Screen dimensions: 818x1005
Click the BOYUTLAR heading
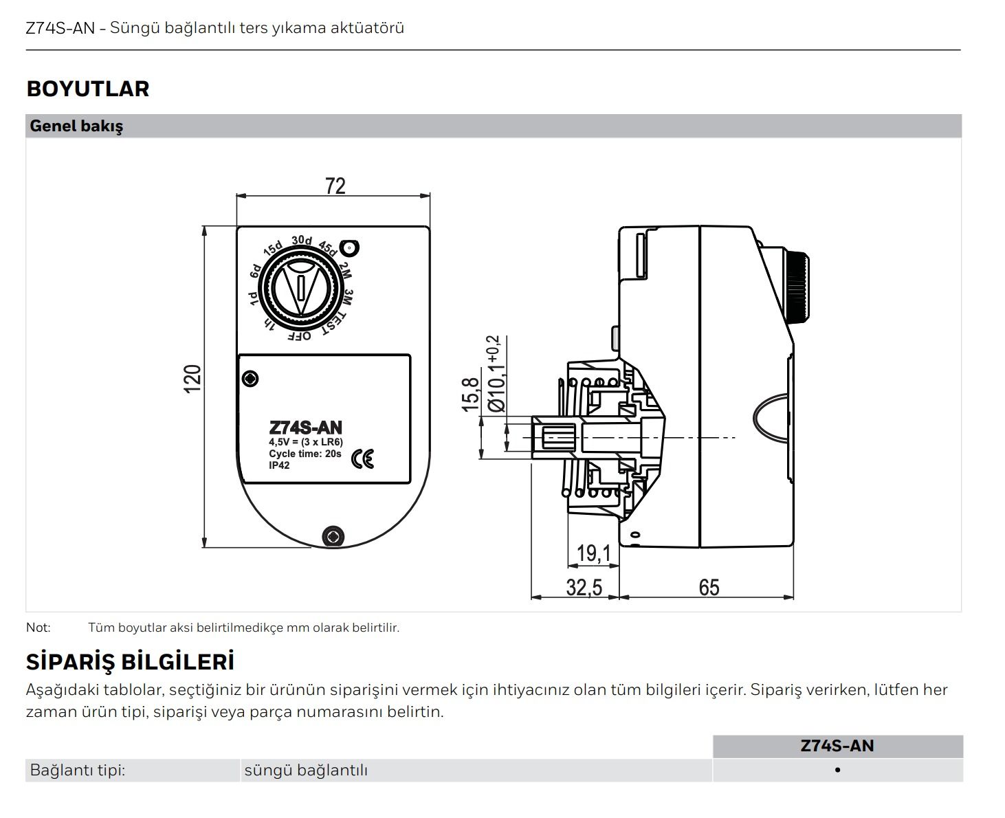tap(87, 89)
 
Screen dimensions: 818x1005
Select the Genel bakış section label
tap(76, 126)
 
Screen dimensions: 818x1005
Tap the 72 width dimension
tap(335, 186)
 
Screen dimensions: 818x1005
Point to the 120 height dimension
tap(193, 379)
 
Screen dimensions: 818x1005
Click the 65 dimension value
tap(709, 588)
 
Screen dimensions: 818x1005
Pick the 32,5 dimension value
tap(584, 588)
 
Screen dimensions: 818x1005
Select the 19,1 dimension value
tap(593, 553)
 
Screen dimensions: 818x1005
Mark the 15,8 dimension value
tap(471, 395)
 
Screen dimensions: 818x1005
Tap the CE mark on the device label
tap(362, 458)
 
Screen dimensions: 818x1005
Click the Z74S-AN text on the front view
tap(305, 428)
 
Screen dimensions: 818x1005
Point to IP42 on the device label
tap(279, 465)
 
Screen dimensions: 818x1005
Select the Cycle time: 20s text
tap(305, 454)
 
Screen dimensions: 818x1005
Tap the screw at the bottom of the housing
tap(333, 536)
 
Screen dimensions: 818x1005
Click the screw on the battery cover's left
tap(251, 378)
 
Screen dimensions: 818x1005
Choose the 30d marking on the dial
tap(301, 241)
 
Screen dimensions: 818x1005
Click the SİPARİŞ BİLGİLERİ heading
tap(130, 662)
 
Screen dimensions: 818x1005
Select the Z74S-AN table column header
tap(837, 746)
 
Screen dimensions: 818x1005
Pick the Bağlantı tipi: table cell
tap(78, 771)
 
